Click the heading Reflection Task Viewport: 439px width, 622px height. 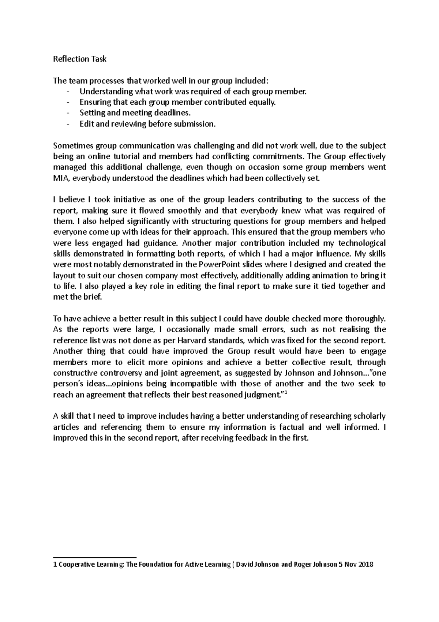pos(80,59)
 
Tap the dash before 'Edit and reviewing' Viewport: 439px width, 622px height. pos(68,124)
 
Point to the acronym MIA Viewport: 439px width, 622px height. pos(60,178)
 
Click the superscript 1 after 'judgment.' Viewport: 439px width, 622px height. pos(285,393)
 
